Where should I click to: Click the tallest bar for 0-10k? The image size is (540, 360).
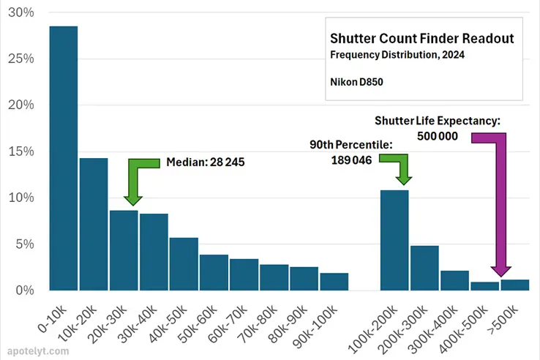[x=64, y=158]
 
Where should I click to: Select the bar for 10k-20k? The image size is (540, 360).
[x=94, y=224]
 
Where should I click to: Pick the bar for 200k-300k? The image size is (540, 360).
[x=424, y=268]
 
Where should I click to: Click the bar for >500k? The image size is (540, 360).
[x=514, y=285]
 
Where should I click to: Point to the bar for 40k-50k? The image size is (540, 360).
[x=184, y=263]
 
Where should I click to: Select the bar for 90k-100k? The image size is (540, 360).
[x=334, y=281]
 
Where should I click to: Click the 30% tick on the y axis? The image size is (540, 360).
[x=20, y=12]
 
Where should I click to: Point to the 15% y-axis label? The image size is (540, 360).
[x=20, y=151]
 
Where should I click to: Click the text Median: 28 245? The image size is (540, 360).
[x=206, y=162]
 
